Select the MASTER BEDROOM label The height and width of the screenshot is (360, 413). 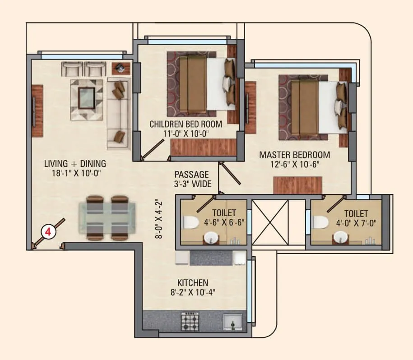pos(294,155)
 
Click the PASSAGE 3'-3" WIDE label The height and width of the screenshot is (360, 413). pos(192,179)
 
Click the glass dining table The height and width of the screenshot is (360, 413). pos(107,218)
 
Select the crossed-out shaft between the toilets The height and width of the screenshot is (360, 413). pos(270,222)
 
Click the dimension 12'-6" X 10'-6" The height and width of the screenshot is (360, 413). pos(294,164)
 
